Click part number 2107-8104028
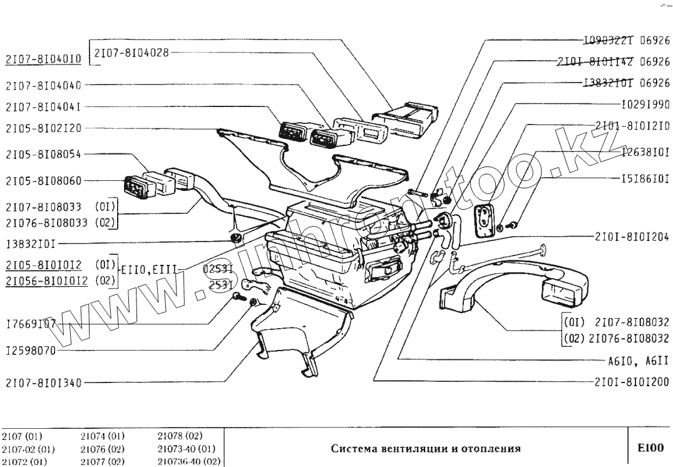pyautogui.click(x=130, y=53)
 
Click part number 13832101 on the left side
pyautogui.click(x=31, y=241)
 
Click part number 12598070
pyautogui.click(x=31, y=351)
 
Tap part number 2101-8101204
pyautogui.click(x=632, y=237)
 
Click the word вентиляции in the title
pyautogui.click(x=409, y=448)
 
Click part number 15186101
pyautogui.click(x=645, y=178)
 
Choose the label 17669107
pyautogui.click(x=31, y=325)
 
